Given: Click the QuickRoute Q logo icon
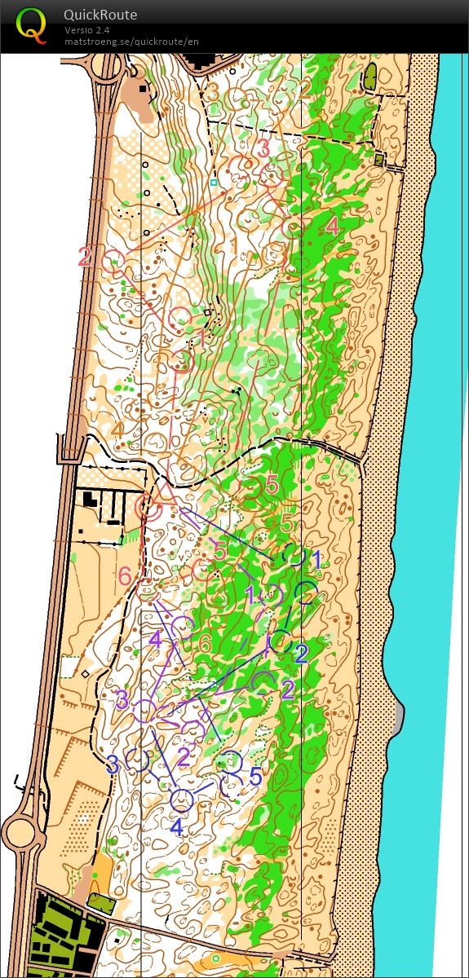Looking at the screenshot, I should click(x=31, y=24).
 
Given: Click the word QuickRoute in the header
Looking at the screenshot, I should click(x=100, y=15).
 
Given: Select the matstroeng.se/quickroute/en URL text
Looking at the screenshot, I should click(x=131, y=41).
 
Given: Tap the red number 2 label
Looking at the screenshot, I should click(x=85, y=257).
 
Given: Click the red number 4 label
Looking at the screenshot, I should click(x=332, y=227).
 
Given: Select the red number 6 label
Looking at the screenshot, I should click(x=125, y=575).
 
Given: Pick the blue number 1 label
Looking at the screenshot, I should click(x=317, y=559).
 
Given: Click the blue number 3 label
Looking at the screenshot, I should click(x=113, y=764).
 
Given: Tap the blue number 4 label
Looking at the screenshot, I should click(x=176, y=826).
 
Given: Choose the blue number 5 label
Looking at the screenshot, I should click(x=255, y=777).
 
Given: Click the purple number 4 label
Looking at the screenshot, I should click(x=156, y=639).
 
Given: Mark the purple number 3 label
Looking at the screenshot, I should click(x=122, y=699).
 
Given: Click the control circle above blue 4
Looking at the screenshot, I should click(x=182, y=800).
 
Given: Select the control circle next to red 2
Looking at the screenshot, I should click(x=113, y=260).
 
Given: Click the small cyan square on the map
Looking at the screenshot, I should click(x=214, y=183).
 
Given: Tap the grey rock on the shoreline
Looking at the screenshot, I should click(x=399, y=716).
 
